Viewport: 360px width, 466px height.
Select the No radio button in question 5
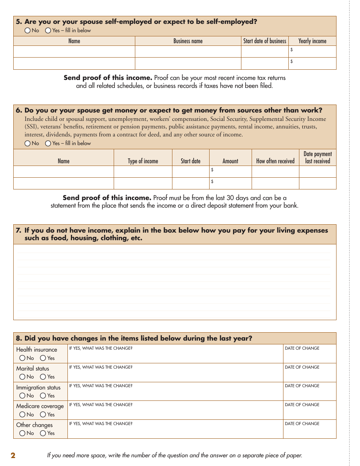pos(28,31)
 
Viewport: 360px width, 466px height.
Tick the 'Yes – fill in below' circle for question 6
pos(48,144)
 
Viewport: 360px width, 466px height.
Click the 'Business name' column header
pos(188,41)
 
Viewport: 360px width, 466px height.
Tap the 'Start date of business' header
pos(265,41)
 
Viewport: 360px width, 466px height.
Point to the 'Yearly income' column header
pos(312,41)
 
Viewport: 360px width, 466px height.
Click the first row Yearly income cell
pos(312,52)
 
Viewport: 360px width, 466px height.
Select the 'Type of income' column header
pos(143,161)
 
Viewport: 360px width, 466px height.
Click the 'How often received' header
pos(275,161)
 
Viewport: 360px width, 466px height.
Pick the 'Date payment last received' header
pos(318,158)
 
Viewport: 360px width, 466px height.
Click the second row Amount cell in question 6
pos(230,183)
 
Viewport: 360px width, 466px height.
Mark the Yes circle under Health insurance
pos(43,358)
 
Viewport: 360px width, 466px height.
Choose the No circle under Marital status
pos(22,377)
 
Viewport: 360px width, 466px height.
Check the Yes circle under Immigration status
pos(43,396)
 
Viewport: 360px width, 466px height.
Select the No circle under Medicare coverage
pos(22,414)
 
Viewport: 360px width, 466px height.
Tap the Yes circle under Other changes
pos(43,433)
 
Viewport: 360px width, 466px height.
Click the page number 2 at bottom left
pos(13,455)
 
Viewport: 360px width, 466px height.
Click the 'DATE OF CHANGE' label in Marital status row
pos(302,367)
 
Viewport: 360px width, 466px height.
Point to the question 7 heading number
pos(18,230)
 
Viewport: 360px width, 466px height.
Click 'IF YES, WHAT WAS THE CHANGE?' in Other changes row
pos(101,424)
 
